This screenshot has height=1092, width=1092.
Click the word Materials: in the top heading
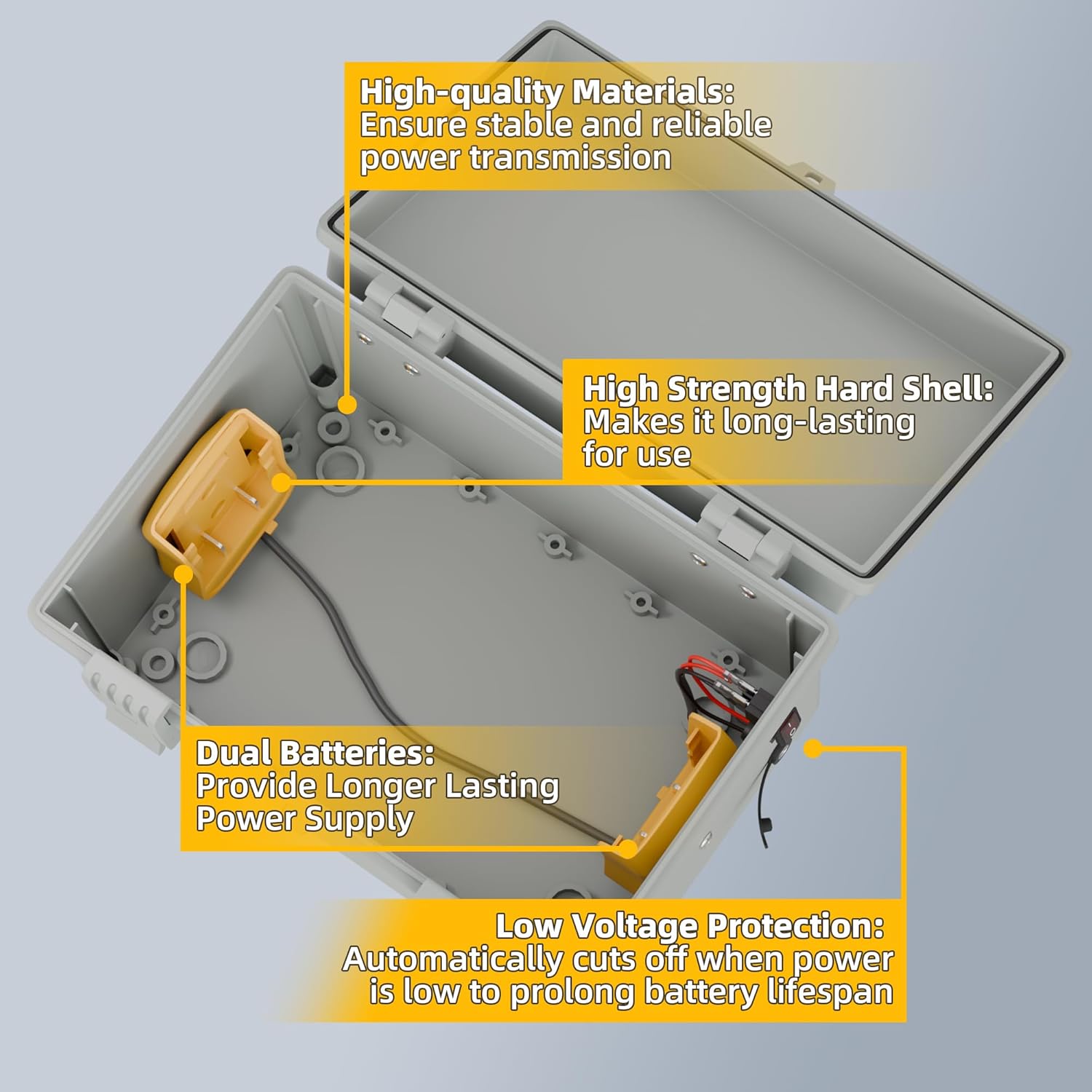click(x=652, y=92)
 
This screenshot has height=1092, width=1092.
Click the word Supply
click(x=359, y=819)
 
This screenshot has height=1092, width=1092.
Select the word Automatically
click(x=452, y=960)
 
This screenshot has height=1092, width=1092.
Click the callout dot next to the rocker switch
click(x=814, y=748)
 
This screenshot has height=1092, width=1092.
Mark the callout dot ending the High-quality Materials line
click(x=348, y=405)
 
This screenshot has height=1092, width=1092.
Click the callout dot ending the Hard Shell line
click(x=282, y=481)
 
